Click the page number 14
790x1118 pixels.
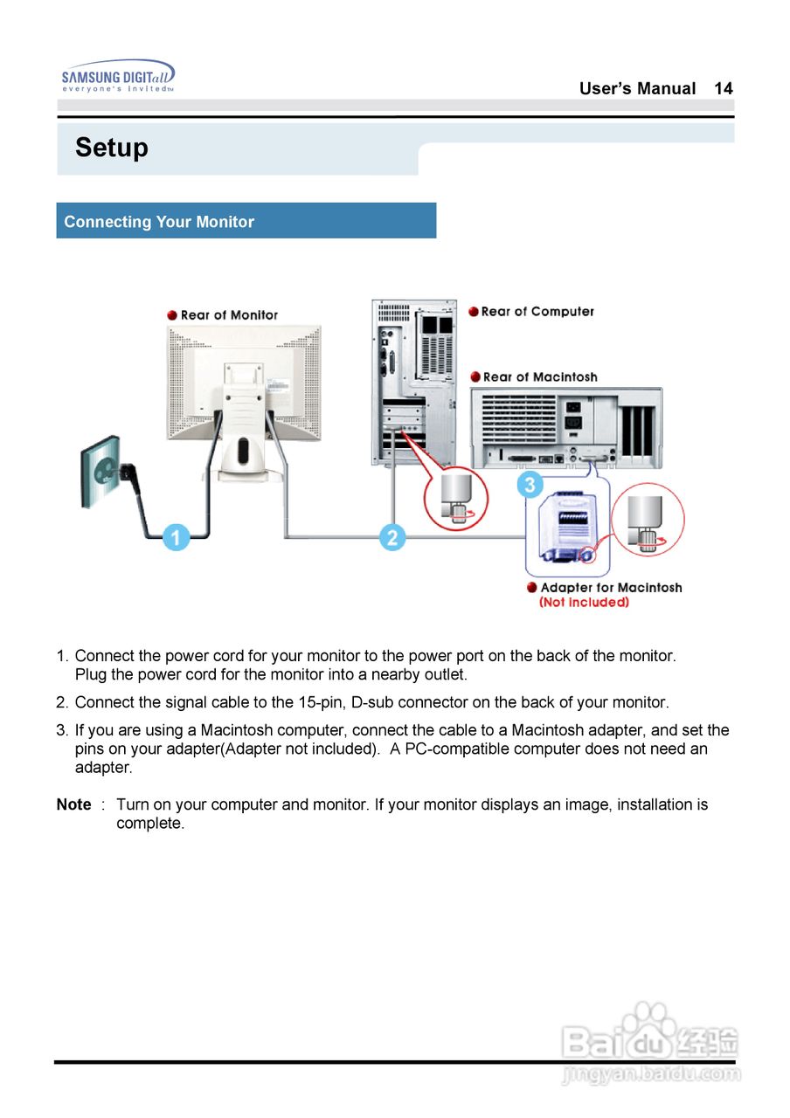[723, 88]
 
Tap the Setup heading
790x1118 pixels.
[111, 148]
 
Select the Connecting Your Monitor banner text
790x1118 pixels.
[159, 222]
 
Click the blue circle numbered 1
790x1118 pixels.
[176, 537]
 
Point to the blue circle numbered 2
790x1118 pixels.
[392, 537]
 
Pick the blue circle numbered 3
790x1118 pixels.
[530, 484]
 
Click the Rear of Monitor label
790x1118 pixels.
[229, 315]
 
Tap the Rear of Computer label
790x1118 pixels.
[537, 312]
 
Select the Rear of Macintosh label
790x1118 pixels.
[539, 377]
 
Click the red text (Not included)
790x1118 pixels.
[584, 603]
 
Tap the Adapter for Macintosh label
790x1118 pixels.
[610, 588]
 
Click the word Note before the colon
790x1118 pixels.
[73, 804]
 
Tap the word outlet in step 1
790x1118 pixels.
[444, 674]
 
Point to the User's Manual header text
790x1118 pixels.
[637, 88]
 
